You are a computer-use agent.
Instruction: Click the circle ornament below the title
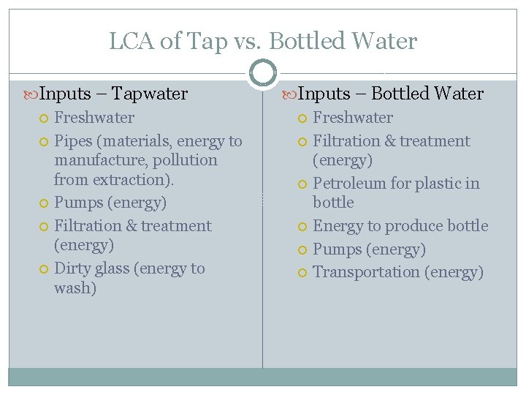(263, 72)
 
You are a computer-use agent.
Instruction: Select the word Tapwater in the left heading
(150, 94)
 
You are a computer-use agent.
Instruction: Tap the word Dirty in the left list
(72, 268)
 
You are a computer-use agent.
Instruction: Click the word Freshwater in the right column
(352, 118)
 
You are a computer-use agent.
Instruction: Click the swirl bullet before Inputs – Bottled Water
(289, 94)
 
